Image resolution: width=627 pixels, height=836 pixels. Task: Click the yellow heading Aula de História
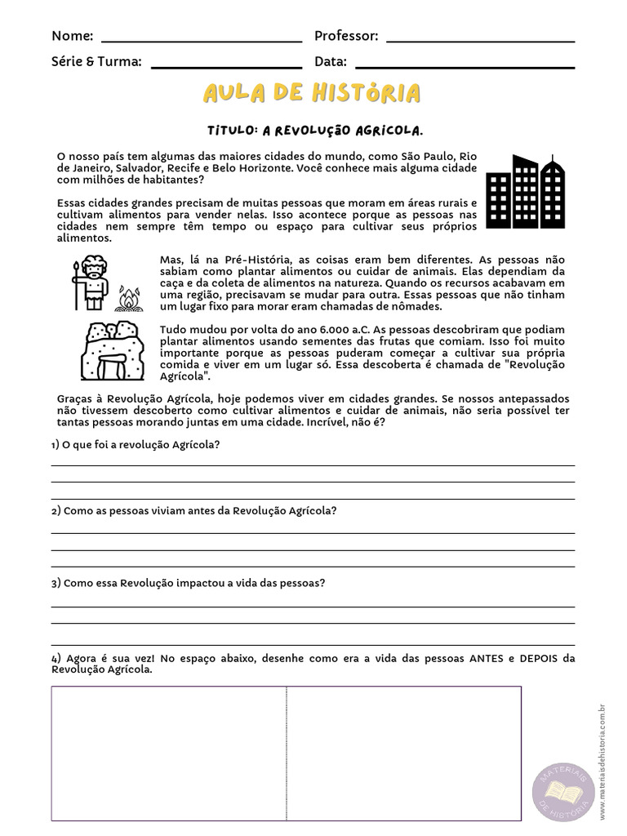(312, 93)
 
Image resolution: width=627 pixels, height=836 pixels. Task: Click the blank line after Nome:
(201, 39)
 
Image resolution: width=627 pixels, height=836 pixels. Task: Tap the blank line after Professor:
(480, 39)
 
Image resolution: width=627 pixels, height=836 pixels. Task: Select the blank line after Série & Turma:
(226, 64)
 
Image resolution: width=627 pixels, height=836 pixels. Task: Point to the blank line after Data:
(465, 64)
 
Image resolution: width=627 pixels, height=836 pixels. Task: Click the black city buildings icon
(524, 192)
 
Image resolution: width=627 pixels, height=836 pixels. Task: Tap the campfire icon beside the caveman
(128, 300)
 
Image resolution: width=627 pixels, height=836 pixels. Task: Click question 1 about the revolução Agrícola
(136, 444)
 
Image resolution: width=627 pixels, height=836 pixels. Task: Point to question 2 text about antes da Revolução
(193, 510)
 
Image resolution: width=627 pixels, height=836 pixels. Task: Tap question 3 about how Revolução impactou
(188, 583)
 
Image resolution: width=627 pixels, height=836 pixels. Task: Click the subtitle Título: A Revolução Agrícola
(315, 131)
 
